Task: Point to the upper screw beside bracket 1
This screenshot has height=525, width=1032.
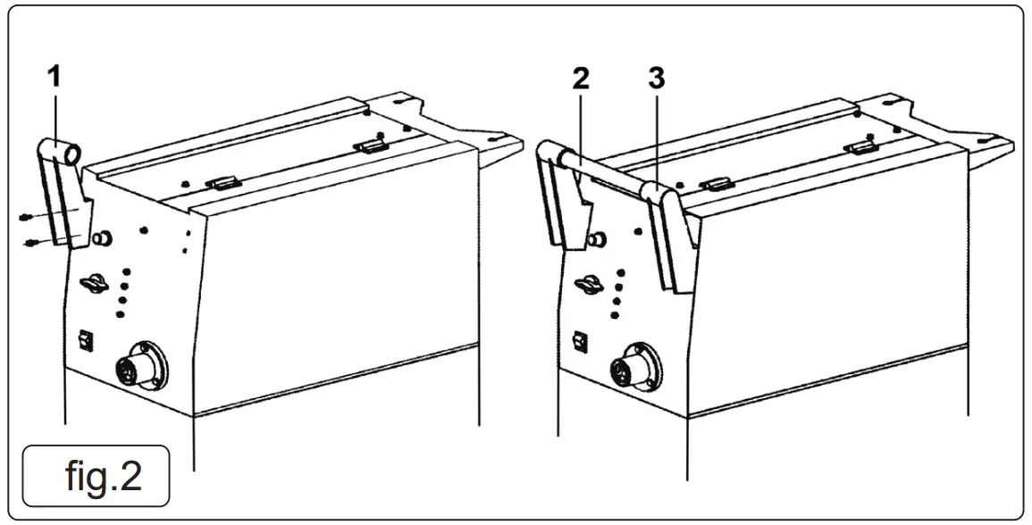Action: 28,217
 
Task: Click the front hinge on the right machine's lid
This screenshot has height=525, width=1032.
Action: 714,185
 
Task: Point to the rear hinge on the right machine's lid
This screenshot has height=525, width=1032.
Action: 860,146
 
